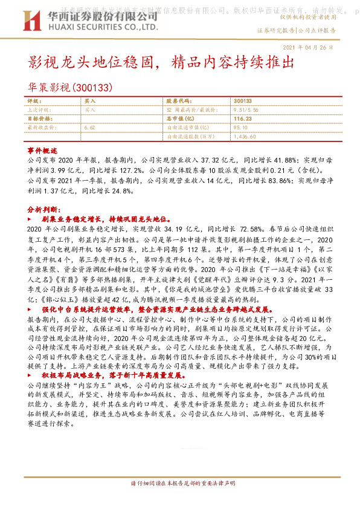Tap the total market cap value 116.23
pyautogui.click(x=242, y=120)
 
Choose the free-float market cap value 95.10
pyautogui.click(x=240, y=128)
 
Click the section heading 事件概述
pyautogui.click(x=42, y=149)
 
